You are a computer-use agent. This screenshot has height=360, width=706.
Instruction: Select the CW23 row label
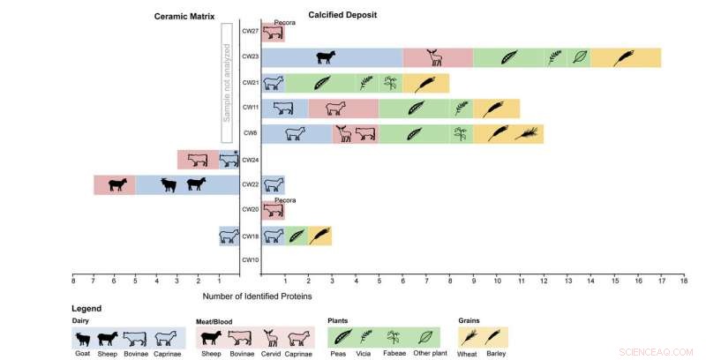point(250,57)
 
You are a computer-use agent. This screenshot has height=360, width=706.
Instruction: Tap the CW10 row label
point(250,260)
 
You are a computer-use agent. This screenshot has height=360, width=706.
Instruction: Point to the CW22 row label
point(250,184)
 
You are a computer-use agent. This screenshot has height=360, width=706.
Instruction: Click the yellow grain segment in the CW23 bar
point(625,57)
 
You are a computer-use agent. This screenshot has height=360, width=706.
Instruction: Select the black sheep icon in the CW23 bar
point(327,57)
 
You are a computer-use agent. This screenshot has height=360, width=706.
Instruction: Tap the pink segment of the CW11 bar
point(343,109)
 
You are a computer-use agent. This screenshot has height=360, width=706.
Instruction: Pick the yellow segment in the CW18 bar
point(319,236)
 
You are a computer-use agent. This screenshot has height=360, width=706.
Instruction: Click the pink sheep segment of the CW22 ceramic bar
point(115,184)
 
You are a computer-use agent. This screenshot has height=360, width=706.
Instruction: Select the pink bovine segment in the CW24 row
point(198,160)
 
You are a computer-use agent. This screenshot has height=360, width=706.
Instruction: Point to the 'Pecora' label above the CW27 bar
point(284,22)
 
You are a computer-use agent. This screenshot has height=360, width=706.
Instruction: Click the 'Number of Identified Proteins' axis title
point(257,296)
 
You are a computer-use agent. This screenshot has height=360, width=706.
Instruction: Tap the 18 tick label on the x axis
point(683,281)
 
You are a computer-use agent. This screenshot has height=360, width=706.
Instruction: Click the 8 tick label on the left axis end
point(72,281)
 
